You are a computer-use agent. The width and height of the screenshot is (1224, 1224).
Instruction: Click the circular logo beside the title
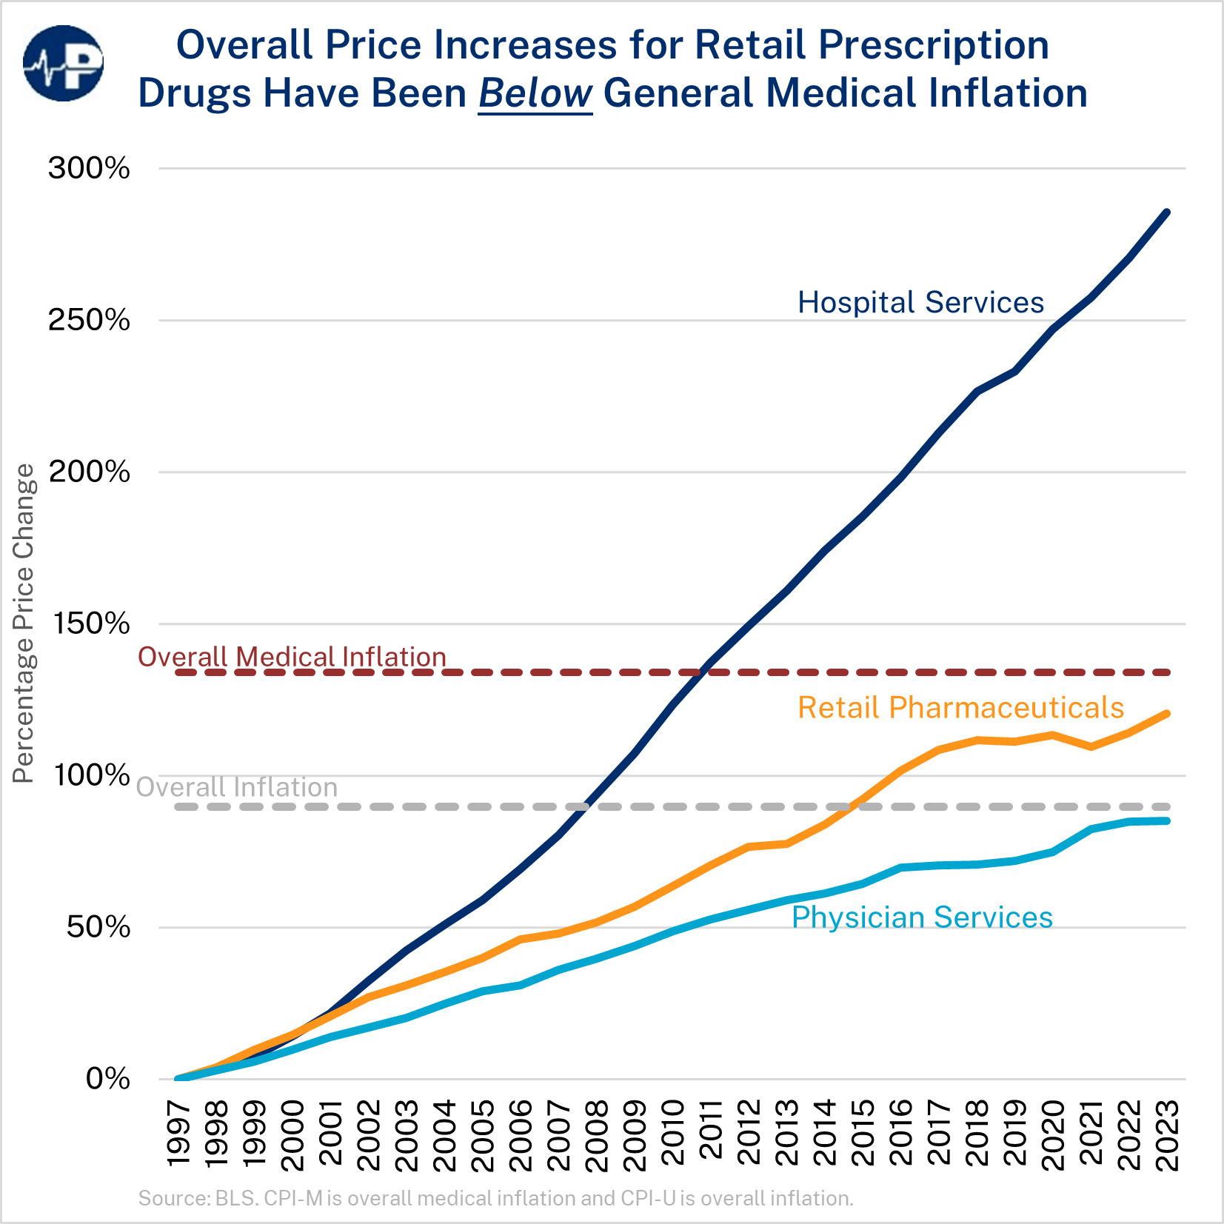pos(64,64)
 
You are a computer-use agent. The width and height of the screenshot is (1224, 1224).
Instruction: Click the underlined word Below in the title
pos(535,94)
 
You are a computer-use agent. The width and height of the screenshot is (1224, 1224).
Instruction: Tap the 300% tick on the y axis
pos(89,168)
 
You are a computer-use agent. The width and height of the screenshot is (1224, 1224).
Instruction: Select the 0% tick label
pos(108,1079)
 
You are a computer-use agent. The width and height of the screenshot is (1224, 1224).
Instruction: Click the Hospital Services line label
pos(920,302)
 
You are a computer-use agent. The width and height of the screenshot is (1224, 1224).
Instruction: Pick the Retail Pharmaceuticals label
pos(960,708)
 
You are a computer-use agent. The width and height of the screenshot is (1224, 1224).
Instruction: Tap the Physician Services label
pos(922,917)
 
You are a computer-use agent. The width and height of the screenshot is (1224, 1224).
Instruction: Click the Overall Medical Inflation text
pos(292,657)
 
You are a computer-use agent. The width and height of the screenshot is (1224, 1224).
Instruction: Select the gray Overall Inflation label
pos(237,787)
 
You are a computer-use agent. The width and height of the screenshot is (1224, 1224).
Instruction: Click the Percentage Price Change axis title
pos(24,623)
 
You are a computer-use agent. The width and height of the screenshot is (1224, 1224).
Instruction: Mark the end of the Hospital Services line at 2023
pos(1167,213)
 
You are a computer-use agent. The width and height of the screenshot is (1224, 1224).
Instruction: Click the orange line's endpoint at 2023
pos(1167,714)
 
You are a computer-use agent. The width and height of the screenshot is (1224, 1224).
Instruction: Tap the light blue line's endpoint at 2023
pos(1167,820)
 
